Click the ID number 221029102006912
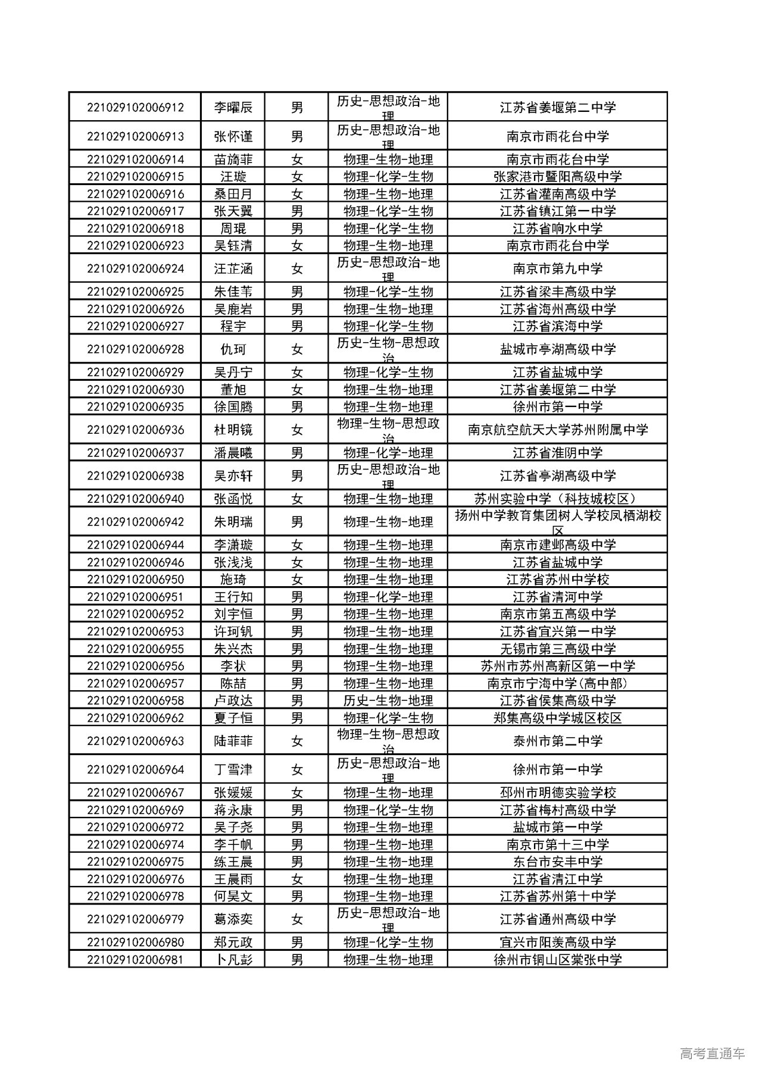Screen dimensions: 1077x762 [135, 108]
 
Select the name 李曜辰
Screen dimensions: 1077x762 [233, 108]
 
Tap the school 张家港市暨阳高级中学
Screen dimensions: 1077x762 [557, 177]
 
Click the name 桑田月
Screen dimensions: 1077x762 [233, 194]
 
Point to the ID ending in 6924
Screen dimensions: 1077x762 [135, 269]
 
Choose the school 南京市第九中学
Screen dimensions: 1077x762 [557, 269]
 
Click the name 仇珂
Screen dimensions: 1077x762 [233, 349]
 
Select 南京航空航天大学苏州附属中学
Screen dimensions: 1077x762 [557, 430]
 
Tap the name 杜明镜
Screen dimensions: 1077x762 [233, 430]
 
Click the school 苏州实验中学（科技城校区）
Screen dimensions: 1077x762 [557, 499]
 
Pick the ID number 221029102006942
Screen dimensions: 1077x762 [135, 522]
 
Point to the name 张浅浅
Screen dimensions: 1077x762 [233, 562]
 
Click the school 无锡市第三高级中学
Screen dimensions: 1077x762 [557, 649]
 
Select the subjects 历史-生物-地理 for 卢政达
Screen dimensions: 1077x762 [388, 701]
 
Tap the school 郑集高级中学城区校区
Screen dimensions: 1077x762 [557, 718]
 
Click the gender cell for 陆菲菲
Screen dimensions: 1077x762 [296, 741]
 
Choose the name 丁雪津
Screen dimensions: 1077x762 [233, 770]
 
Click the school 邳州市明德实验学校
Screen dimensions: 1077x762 [557, 793]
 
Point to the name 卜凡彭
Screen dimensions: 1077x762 [233, 960]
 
